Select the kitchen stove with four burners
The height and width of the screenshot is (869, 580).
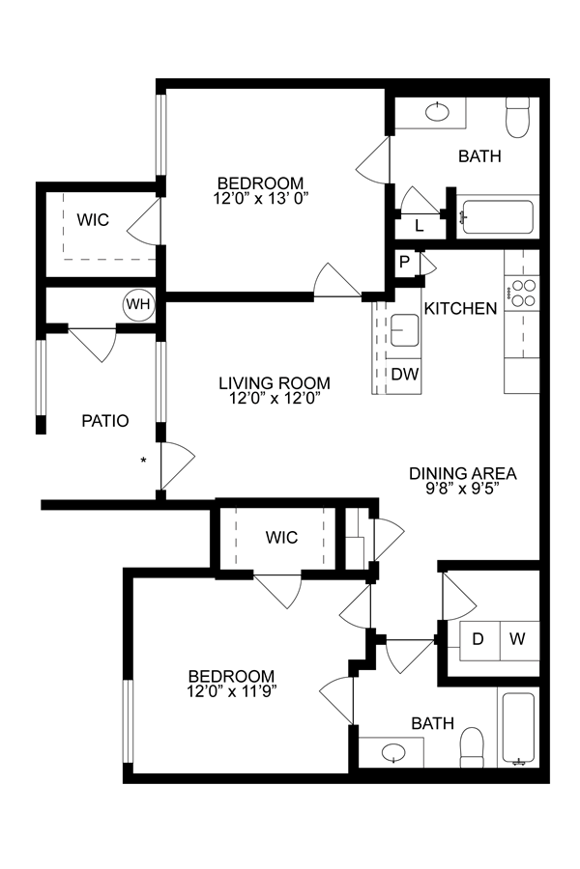pyautogui.click(x=523, y=293)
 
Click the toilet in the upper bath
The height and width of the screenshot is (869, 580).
pyautogui.click(x=517, y=117)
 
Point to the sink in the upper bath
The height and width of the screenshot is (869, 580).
pyautogui.click(x=437, y=112)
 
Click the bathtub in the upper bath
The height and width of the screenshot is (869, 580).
pyautogui.click(x=497, y=216)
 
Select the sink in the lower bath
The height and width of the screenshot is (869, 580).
pyautogui.click(x=393, y=752)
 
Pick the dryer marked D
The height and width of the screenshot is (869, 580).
pyautogui.click(x=478, y=639)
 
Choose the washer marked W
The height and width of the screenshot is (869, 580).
pyautogui.click(x=517, y=639)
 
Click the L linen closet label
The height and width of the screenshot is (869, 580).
pyautogui.click(x=419, y=226)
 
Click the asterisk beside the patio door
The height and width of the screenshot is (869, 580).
pyautogui.click(x=144, y=461)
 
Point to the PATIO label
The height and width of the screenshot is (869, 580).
pyautogui.click(x=105, y=420)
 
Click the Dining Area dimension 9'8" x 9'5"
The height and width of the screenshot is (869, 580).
pyautogui.click(x=462, y=488)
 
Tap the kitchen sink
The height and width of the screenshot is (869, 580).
pyautogui.click(x=404, y=331)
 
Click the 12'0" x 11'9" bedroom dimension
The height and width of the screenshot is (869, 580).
pyautogui.click(x=231, y=691)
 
